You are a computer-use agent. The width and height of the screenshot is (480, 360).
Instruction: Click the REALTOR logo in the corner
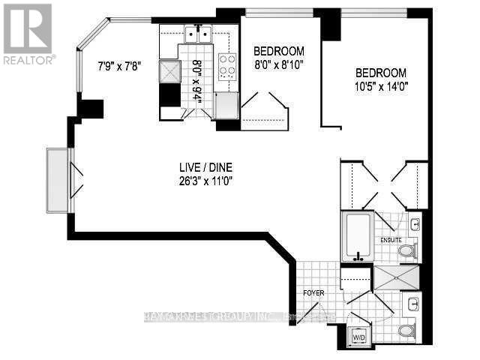click(28, 33)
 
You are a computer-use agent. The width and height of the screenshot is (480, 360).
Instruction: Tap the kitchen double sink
click(199, 34)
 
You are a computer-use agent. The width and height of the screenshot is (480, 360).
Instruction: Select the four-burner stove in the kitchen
click(226, 65)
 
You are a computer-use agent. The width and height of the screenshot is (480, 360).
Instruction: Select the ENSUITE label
click(391, 241)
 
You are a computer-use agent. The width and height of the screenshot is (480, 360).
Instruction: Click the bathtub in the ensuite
click(358, 236)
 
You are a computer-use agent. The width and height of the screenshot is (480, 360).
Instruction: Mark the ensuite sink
click(415, 223)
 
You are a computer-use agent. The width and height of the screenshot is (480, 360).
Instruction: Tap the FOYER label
click(313, 292)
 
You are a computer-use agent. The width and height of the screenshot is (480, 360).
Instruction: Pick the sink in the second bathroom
click(415, 304)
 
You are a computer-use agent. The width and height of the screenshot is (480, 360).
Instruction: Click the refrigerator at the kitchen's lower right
click(226, 106)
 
